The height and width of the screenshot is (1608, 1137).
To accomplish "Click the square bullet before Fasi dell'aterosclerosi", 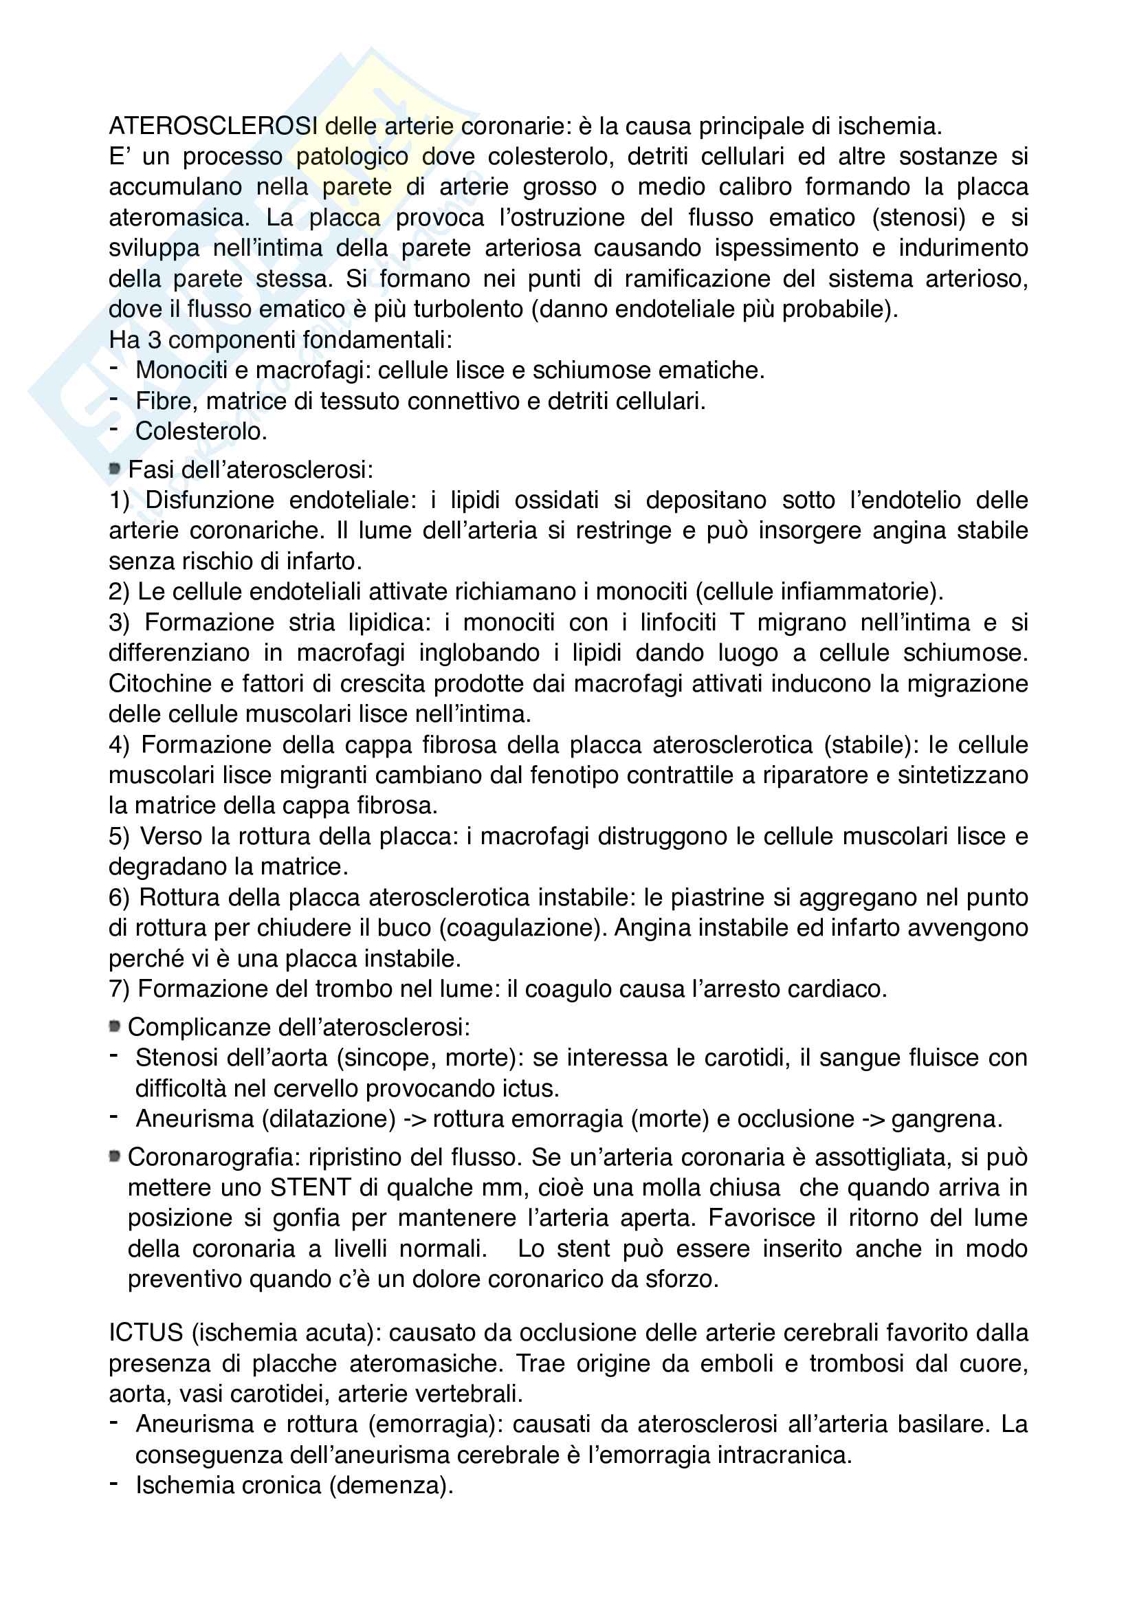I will [x=115, y=470].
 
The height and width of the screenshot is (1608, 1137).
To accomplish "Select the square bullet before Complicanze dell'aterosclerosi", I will [x=115, y=1026].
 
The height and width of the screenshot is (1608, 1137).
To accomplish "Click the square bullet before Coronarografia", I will [x=115, y=1156].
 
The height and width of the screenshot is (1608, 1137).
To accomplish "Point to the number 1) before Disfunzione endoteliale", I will [x=120, y=500].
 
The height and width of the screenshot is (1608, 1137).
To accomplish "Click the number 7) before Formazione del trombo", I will [x=119, y=989].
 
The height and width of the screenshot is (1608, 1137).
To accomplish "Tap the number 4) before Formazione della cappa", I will [x=119, y=745].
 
